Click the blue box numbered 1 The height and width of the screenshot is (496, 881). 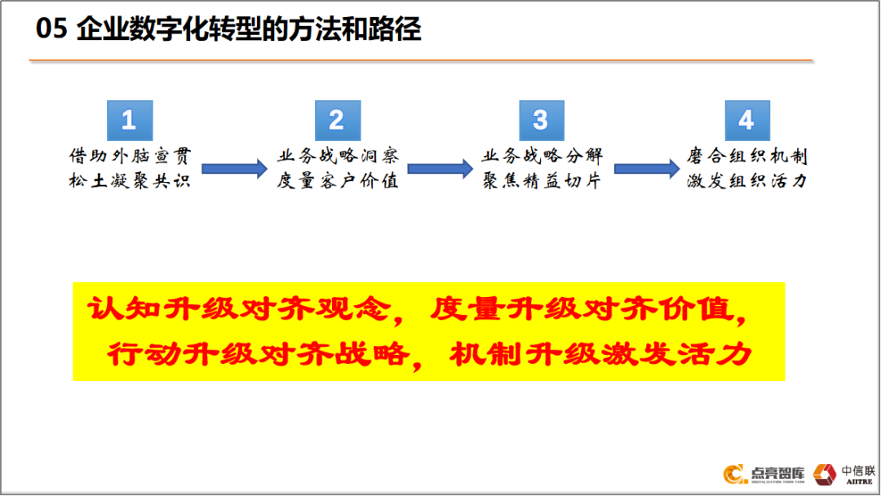click(x=130, y=120)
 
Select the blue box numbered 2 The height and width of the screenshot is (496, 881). click(x=338, y=120)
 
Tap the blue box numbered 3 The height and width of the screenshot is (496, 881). click(x=542, y=120)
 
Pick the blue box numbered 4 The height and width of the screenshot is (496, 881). click(x=747, y=120)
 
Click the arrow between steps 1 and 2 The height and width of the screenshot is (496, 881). click(x=234, y=169)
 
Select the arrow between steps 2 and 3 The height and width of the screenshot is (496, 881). click(x=440, y=169)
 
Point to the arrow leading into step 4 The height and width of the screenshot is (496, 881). click(x=647, y=169)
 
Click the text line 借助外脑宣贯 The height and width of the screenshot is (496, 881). click(x=130, y=156)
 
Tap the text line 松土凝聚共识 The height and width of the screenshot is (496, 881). click(x=130, y=180)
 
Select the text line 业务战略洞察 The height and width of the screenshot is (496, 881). click(x=338, y=156)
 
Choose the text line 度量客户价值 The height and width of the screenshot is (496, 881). click(x=338, y=180)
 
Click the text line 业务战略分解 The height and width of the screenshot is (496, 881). click(x=542, y=156)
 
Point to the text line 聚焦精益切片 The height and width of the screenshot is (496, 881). click(x=542, y=180)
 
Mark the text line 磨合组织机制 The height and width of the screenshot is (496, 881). click(x=747, y=156)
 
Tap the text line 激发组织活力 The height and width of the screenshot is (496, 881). click(x=747, y=180)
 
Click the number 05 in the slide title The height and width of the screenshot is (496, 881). click(x=51, y=29)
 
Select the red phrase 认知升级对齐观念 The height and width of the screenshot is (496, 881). click(x=239, y=309)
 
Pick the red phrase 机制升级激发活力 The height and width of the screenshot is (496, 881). click(x=600, y=354)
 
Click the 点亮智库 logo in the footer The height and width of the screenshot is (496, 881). click(x=764, y=474)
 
